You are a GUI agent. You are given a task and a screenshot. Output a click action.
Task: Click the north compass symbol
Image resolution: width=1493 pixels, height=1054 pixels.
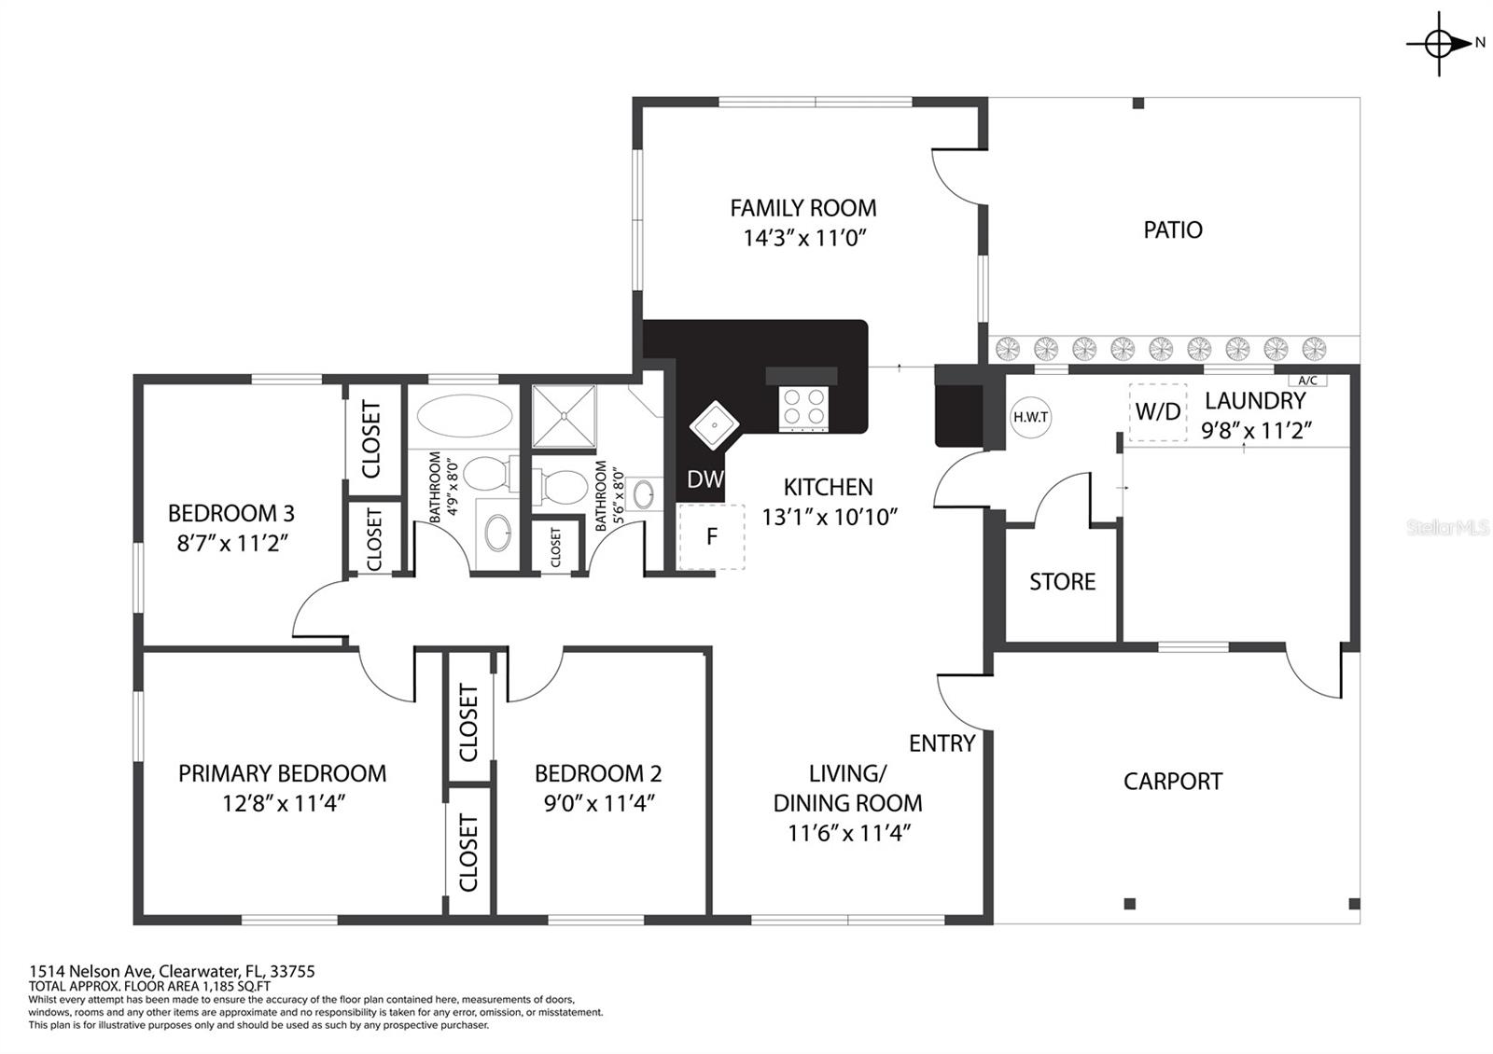(x=1440, y=44)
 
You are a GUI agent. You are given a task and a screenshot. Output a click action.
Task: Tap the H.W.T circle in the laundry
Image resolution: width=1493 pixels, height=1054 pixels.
(x=1030, y=418)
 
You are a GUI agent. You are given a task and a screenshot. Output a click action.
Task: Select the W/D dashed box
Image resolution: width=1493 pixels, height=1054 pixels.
(x=1158, y=411)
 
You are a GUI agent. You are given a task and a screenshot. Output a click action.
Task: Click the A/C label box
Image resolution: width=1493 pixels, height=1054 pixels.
(x=1307, y=381)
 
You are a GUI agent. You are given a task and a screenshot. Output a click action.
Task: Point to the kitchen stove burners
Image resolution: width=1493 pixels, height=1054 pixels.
(x=803, y=407)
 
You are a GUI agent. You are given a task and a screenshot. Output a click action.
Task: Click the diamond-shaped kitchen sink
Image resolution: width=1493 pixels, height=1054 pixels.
(x=714, y=423)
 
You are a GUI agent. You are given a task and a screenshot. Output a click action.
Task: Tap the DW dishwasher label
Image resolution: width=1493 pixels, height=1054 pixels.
(x=705, y=478)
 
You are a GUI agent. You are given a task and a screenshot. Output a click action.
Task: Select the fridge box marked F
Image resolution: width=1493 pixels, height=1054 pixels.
(x=711, y=536)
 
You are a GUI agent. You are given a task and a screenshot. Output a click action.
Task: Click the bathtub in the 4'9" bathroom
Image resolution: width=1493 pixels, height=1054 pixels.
(x=465, y=416)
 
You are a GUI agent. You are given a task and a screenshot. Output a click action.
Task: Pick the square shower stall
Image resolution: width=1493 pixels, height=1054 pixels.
(x=564, y=416)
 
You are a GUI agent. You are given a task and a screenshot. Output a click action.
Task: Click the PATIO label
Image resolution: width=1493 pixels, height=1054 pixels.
(x=1173, y=229)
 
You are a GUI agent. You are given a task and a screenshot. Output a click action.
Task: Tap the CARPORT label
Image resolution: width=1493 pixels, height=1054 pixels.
(x=1173, y=781)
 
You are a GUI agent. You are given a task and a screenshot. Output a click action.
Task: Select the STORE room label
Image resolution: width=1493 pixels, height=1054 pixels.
(x=1063, y=582)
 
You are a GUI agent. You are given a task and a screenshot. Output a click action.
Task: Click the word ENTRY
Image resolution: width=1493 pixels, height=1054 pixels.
(x=942, y=742)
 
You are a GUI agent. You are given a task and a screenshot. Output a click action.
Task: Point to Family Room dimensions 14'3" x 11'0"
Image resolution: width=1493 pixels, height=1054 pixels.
(x=803, y=238)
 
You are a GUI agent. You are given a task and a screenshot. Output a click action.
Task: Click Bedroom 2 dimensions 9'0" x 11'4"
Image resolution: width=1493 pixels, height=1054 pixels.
(x=599, y=803)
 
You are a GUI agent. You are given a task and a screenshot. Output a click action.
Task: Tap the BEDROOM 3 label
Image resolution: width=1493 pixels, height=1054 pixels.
(x=231, y=513)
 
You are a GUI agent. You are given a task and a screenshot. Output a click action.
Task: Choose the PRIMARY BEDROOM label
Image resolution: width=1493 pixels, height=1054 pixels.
(x=283, y=773)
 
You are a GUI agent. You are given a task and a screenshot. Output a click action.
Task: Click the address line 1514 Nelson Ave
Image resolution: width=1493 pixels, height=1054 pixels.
(x=172, y=971)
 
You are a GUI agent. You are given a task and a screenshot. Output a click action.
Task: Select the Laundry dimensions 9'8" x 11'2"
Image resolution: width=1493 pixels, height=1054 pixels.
(x=1256, y=430)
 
